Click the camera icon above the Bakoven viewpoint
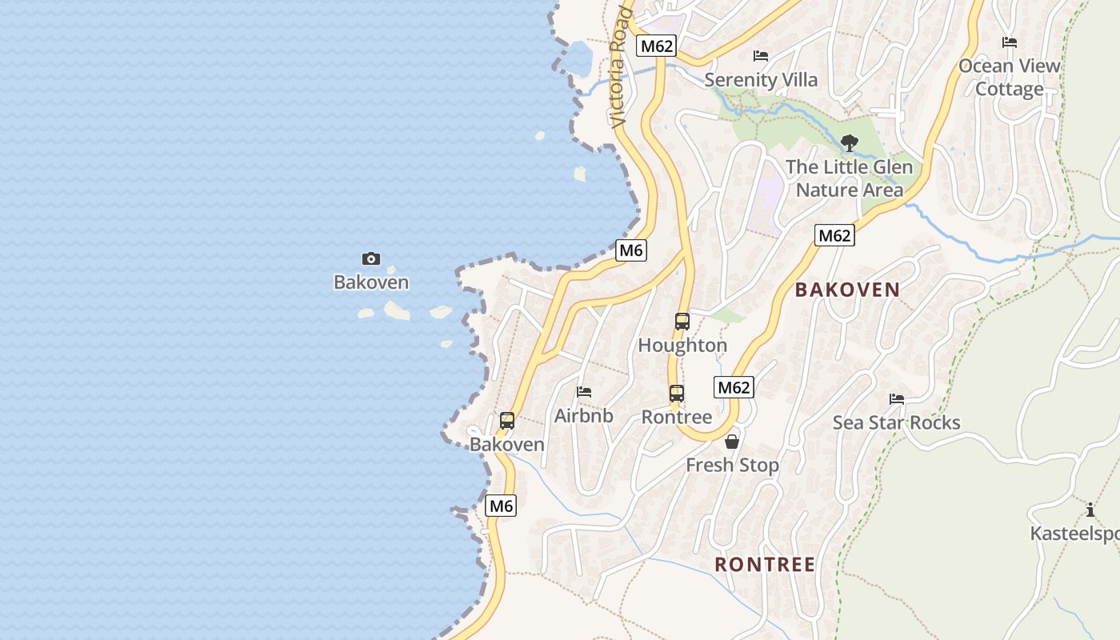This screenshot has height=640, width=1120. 371,258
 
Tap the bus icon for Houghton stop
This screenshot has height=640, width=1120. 682,322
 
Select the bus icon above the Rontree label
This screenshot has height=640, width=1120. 677,394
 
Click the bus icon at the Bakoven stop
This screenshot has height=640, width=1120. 507,421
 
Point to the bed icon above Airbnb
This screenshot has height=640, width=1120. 584,392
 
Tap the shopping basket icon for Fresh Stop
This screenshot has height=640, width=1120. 732,442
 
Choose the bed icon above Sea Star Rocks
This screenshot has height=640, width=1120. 897,399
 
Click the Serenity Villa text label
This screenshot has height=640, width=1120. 761,80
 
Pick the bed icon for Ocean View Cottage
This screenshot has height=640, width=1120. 1010,42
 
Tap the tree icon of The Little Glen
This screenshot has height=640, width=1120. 850,144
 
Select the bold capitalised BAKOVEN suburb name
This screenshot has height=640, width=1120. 847,290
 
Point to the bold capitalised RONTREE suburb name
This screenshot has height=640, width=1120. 765,565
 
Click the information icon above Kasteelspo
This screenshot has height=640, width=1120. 1090,510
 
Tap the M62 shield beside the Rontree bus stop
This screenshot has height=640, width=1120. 734,388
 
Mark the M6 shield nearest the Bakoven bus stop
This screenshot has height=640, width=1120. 501,506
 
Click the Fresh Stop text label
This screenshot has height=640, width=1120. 732,465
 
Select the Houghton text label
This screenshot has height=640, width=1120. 682,346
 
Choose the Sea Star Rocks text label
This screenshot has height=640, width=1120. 896,422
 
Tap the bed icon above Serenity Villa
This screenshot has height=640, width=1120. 761,56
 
